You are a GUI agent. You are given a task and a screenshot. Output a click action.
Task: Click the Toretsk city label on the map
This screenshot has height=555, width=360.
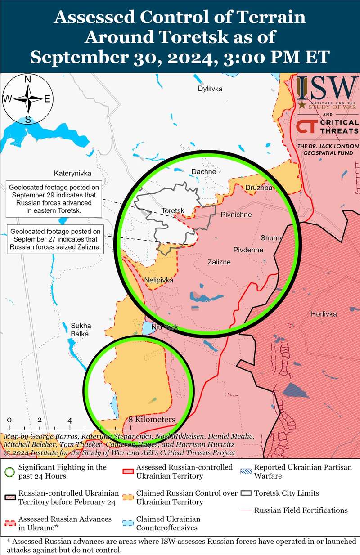click(173, 210)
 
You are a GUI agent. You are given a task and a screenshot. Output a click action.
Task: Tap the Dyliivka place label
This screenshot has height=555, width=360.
click(210, 89)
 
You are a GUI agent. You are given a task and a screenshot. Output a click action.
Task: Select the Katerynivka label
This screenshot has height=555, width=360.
click(72, 173)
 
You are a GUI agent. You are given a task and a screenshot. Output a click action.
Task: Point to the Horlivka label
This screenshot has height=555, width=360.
click(324, 314)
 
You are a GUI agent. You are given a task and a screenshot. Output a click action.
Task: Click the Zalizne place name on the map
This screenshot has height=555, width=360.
click(219, 262)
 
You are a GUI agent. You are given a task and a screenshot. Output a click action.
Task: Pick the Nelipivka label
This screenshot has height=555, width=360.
click(159, 280)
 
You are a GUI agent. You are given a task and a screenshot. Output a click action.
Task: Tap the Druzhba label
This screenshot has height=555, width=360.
click(259, 188)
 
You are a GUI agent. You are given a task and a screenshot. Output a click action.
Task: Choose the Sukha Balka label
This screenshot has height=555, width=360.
click(80, 330)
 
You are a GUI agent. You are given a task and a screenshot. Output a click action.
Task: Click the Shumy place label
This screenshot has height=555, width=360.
click(271, 238)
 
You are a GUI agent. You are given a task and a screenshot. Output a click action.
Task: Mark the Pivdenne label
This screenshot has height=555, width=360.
click(248, 250)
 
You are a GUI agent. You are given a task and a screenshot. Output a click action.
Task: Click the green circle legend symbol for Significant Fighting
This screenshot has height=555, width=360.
click(9, 471)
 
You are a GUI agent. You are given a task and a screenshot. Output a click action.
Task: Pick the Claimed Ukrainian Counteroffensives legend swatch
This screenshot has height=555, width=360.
click(128, 523)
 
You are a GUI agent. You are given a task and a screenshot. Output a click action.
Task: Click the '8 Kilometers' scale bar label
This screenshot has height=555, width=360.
click(152, 420)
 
